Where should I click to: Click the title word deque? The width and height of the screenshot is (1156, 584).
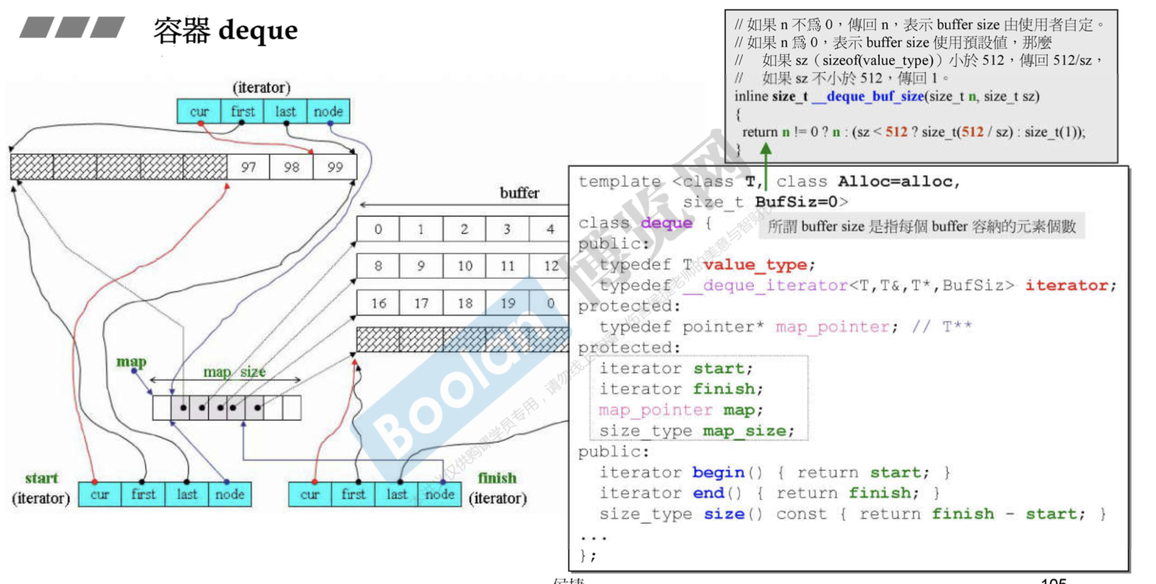(258, 30)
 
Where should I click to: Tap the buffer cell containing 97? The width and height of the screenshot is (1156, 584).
(248, 167)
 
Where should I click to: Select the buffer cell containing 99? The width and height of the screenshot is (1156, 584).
(335, 167)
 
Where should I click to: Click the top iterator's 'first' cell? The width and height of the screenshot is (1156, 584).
(242, 111)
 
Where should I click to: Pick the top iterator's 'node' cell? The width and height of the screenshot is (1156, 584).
(328, 111)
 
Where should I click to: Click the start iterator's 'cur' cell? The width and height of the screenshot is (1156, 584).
(100, 494)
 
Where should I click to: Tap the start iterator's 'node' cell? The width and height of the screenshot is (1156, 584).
(230, 494)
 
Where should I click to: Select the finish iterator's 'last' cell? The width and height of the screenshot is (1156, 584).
(397, 494)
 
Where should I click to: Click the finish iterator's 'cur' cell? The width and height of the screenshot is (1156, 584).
(310, 494)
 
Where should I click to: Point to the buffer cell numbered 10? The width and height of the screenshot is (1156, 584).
(465, 266)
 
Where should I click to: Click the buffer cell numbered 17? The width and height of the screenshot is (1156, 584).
(421, 304)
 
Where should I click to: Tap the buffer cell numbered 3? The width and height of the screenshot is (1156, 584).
(507, 229)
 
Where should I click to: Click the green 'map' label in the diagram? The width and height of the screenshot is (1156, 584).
(131, 362)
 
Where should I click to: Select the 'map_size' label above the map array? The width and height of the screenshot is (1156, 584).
(234, 372)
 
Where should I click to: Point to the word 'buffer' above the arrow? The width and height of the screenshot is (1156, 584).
(519, 193)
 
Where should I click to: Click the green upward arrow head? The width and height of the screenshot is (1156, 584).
(766, 149)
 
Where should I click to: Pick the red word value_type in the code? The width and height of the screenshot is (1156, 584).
(755, 264)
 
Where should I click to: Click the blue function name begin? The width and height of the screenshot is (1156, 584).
(718, 472)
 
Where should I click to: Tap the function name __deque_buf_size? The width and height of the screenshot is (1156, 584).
(868, 96)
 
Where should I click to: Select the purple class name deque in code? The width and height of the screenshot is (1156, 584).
(667, 223)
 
